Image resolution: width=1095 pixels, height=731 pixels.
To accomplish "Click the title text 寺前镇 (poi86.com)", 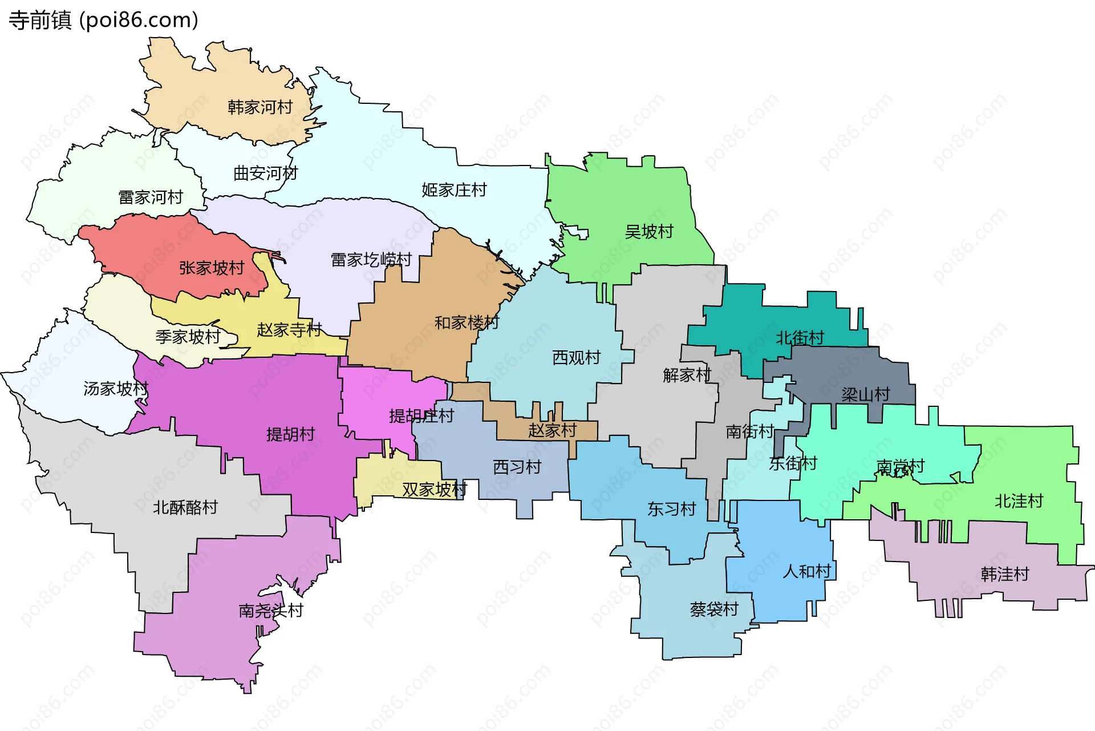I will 103,20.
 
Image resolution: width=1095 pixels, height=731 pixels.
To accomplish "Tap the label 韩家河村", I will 260,107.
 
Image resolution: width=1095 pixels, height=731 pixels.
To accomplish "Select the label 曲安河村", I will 266,173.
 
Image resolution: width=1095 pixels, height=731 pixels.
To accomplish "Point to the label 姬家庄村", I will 454,190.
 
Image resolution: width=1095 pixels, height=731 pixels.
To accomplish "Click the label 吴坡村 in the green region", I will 649,232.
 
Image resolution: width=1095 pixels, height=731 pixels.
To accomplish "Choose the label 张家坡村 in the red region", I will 212,268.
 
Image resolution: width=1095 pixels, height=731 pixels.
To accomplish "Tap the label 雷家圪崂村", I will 371,260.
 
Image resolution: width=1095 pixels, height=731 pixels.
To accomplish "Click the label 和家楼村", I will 467,323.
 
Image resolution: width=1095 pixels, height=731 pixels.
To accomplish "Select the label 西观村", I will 577,358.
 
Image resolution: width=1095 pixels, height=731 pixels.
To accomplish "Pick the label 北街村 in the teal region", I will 800,338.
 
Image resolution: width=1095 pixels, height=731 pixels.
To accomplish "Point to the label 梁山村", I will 865,394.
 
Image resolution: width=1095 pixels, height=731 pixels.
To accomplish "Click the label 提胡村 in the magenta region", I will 290,435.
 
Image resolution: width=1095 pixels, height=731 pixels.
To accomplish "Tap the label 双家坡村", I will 435,490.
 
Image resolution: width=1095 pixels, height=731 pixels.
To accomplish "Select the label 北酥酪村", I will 185,507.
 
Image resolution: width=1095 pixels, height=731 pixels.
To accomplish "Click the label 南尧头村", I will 271,611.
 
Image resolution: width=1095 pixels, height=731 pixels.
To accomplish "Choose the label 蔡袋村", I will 714,609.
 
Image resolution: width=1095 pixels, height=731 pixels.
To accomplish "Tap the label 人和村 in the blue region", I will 807,571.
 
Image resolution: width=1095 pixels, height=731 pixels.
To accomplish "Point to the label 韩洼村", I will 1005,574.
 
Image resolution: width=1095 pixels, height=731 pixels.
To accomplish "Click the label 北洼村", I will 1019,502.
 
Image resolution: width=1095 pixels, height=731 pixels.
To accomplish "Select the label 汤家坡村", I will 116,389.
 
